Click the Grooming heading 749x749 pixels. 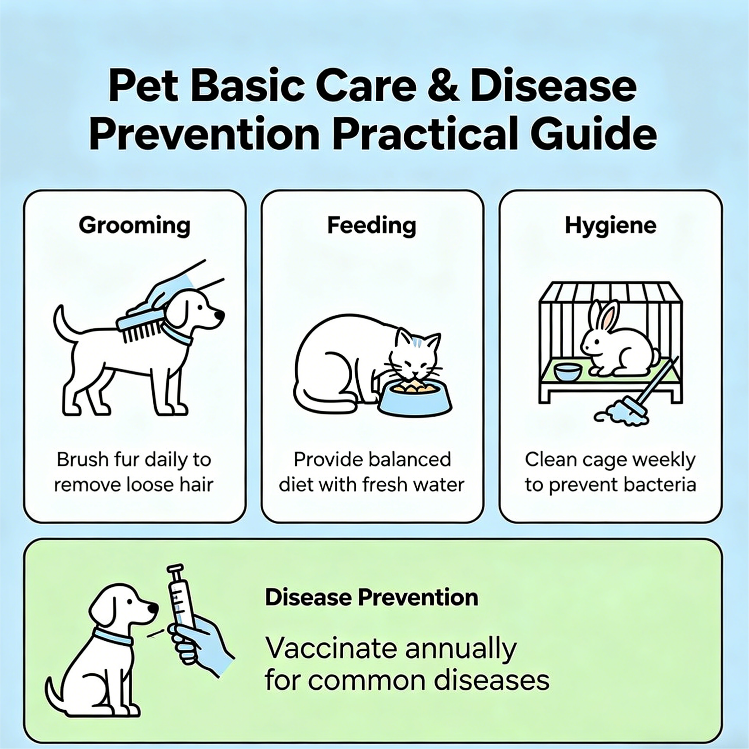coord(135,226)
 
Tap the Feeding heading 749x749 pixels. coord(372,225)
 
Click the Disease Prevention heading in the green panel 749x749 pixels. coord(372,597)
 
